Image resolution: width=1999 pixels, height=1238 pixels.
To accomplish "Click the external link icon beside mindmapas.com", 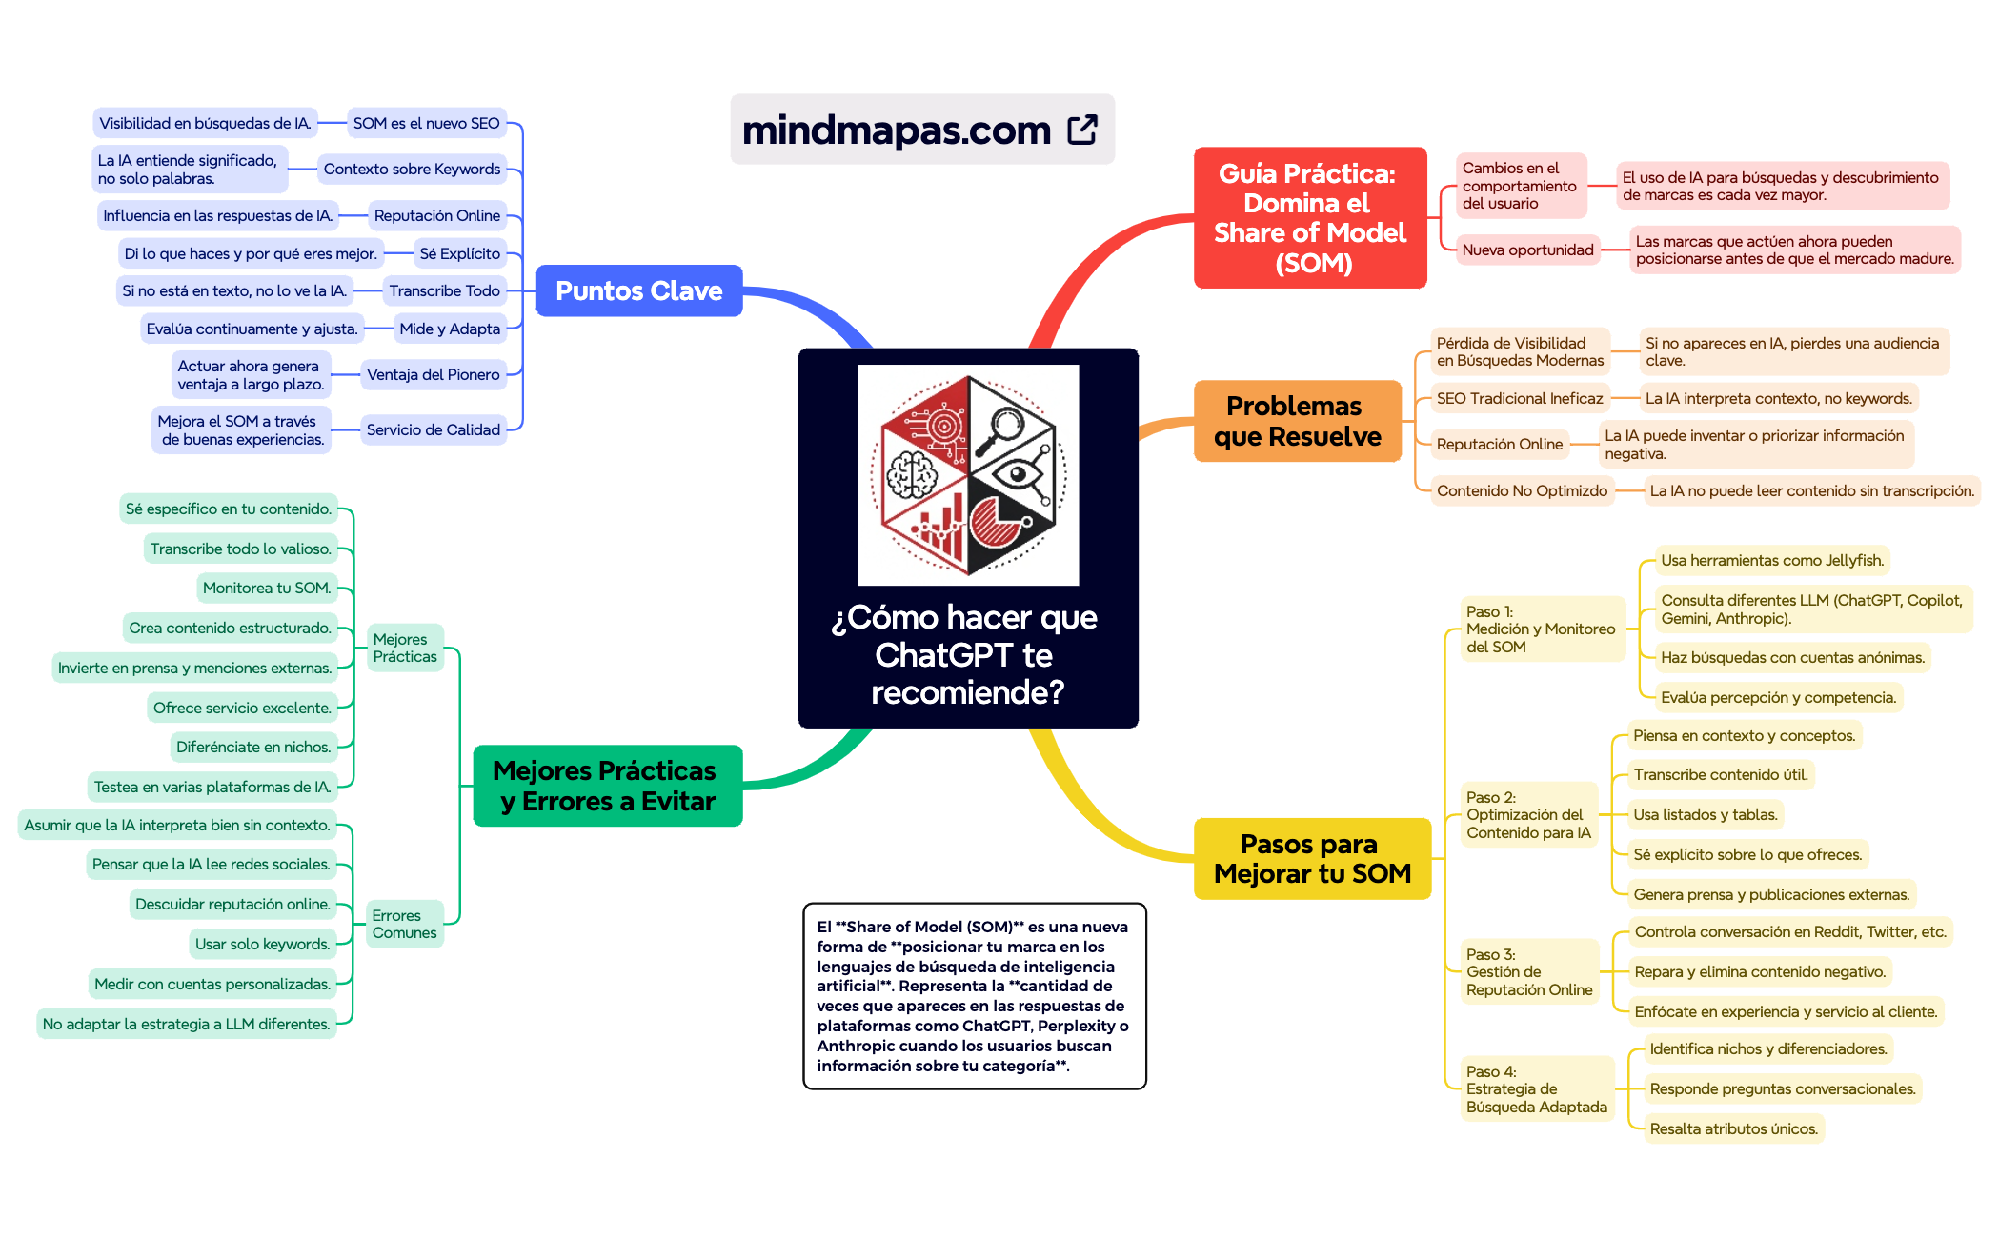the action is pos(1082,130).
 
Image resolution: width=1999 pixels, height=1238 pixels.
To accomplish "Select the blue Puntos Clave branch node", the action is pos(639,290).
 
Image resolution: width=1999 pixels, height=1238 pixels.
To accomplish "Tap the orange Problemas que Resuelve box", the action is pos(1298,421).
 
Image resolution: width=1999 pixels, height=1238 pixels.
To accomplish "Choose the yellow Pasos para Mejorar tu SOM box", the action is pos(1312,858).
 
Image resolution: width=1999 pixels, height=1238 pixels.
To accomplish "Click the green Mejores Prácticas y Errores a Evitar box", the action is pos(608,786).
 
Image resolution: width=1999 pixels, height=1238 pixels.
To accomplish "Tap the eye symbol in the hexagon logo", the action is pos(1018,473).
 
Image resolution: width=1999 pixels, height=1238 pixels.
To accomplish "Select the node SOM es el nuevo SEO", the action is pos(426,123).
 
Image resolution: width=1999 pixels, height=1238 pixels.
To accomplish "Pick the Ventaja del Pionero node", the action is pos(433,374).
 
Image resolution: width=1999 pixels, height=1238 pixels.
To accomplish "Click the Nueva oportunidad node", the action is pos(1527,250).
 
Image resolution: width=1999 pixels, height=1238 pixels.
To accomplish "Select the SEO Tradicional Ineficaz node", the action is pos(1520,398).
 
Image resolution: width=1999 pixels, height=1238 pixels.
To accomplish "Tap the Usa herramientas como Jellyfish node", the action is pos(1772,560).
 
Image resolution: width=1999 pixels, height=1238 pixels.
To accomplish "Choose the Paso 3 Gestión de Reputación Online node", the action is pos(1529,971).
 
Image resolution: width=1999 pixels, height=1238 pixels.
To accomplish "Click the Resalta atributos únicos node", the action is pos(1734,1128).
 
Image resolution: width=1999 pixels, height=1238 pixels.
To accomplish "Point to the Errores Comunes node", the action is pos(405,924).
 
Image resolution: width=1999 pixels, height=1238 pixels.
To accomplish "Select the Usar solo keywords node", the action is pos(263,944).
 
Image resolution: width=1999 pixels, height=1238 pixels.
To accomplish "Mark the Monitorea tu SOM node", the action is pos(267,588).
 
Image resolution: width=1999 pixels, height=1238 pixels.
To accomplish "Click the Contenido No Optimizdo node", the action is pos(1522,490).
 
